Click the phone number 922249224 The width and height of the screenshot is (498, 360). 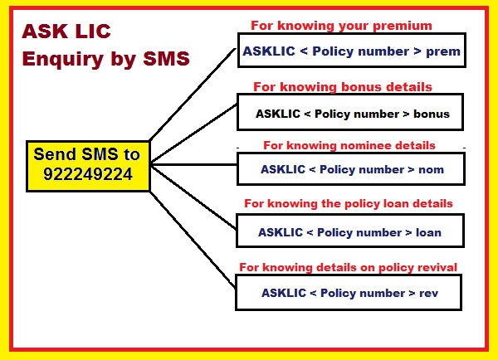[87, 175]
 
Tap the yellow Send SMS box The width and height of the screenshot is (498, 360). [87, 164]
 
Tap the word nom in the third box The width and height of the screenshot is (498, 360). [432, 169]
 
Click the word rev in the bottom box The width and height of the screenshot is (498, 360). [429, 293]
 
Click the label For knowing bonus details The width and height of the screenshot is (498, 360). [343, 86]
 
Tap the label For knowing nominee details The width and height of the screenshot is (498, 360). [349, 145]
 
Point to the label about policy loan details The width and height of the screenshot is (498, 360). [348, 204]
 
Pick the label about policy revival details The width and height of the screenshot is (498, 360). [348, 266]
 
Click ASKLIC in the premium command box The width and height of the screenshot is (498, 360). [266, 51]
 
